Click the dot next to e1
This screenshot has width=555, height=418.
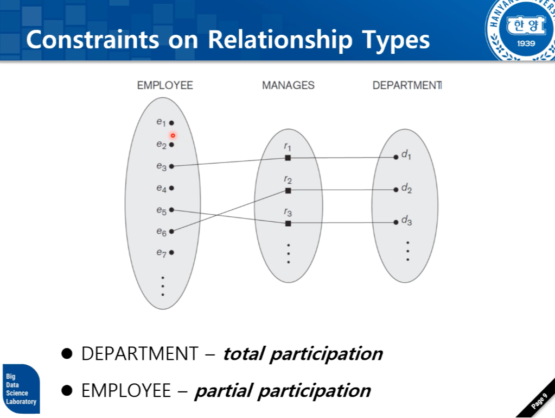point(171,123)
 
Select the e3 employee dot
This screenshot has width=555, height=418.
point(171,166)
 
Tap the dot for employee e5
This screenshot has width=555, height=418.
point(171,209)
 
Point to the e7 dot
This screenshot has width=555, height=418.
point(171,252)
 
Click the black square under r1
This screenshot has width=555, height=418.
point(288,158)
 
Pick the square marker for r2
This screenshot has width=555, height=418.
point(288,190)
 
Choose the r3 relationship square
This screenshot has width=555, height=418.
point(288,223)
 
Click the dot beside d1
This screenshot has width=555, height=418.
point(396,157)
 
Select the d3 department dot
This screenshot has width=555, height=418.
point(396,222)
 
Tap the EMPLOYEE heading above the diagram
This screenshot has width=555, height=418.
point(165,85)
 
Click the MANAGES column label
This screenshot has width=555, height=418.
point(288,85)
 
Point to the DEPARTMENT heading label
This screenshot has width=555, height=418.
point(406,85)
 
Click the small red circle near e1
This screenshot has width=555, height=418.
point(173,135)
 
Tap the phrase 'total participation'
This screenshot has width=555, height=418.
point(303,354)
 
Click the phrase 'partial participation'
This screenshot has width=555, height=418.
point(283,390)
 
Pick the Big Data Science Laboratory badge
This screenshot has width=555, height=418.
point(21,389)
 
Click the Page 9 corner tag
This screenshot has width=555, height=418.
point(539,402)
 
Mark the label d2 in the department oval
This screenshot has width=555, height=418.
point(407,189)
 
